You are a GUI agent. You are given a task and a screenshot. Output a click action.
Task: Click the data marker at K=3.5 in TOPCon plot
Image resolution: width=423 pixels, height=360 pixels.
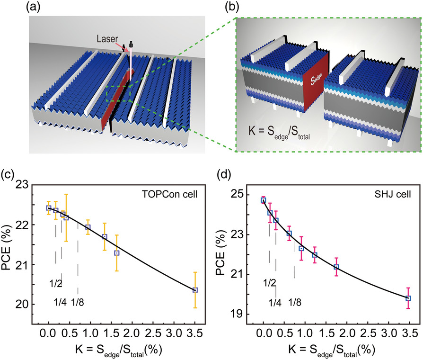[195, 290]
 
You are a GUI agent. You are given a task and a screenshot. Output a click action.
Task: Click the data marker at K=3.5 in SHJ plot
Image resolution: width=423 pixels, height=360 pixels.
[408, 298]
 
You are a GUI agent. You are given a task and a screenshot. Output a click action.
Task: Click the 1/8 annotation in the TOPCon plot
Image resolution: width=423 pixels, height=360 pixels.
[78, 302]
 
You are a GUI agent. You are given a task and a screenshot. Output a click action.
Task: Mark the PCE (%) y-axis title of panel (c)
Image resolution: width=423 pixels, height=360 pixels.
[9, 248]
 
